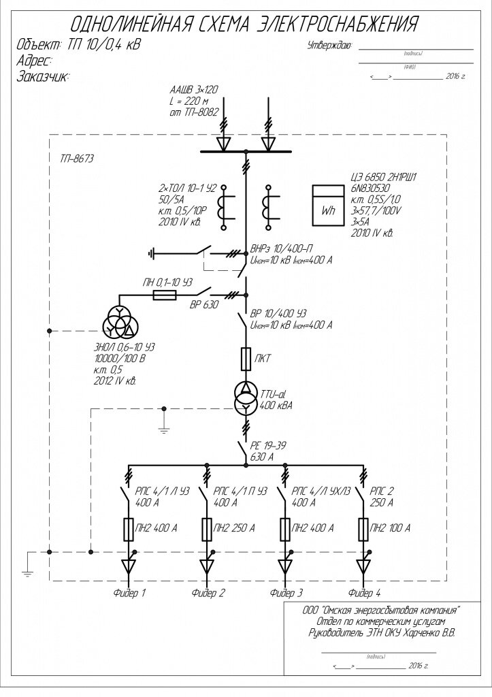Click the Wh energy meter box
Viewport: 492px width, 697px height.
[x=328, y=204]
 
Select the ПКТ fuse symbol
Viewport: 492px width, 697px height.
[x=247, y=357]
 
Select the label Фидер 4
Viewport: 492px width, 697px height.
[x=364, y=593]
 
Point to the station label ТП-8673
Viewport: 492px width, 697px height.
[x=77, y=159]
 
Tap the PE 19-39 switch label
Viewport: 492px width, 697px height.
[x=269, y=445]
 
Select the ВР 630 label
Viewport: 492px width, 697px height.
[x=203, y=305]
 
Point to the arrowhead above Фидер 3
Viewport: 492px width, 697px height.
[x=285, y=567]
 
